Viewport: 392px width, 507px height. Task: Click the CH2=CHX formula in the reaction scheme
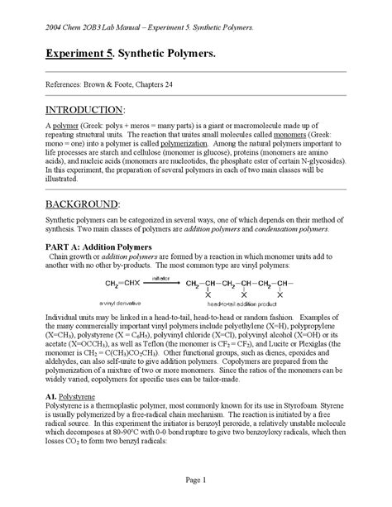tap(122, 285)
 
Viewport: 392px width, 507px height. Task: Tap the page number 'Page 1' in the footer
tap(196, 480)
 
